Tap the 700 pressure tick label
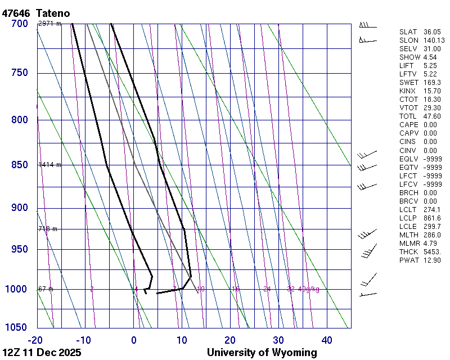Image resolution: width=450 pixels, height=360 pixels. click(19, 24)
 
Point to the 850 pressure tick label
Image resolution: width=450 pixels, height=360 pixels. click(19, 165)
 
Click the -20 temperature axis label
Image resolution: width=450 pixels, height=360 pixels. click(35, 340)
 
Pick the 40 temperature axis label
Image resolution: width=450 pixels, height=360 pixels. click(326, 340)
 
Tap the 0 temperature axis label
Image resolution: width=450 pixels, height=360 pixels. click(134, 340)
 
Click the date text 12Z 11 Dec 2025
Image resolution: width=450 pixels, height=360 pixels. click(42, 353)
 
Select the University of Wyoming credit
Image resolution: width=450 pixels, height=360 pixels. click(262, 353)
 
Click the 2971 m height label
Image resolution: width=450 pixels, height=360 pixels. click(49, 24)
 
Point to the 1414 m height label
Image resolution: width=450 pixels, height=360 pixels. click(49, 165)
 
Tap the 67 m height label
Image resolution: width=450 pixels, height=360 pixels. click(46, 289)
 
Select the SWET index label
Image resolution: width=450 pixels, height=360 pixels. click(408, 83)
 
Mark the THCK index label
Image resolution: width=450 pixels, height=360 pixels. click(408, 251)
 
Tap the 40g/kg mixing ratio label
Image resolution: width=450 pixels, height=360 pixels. click(309, 289)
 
